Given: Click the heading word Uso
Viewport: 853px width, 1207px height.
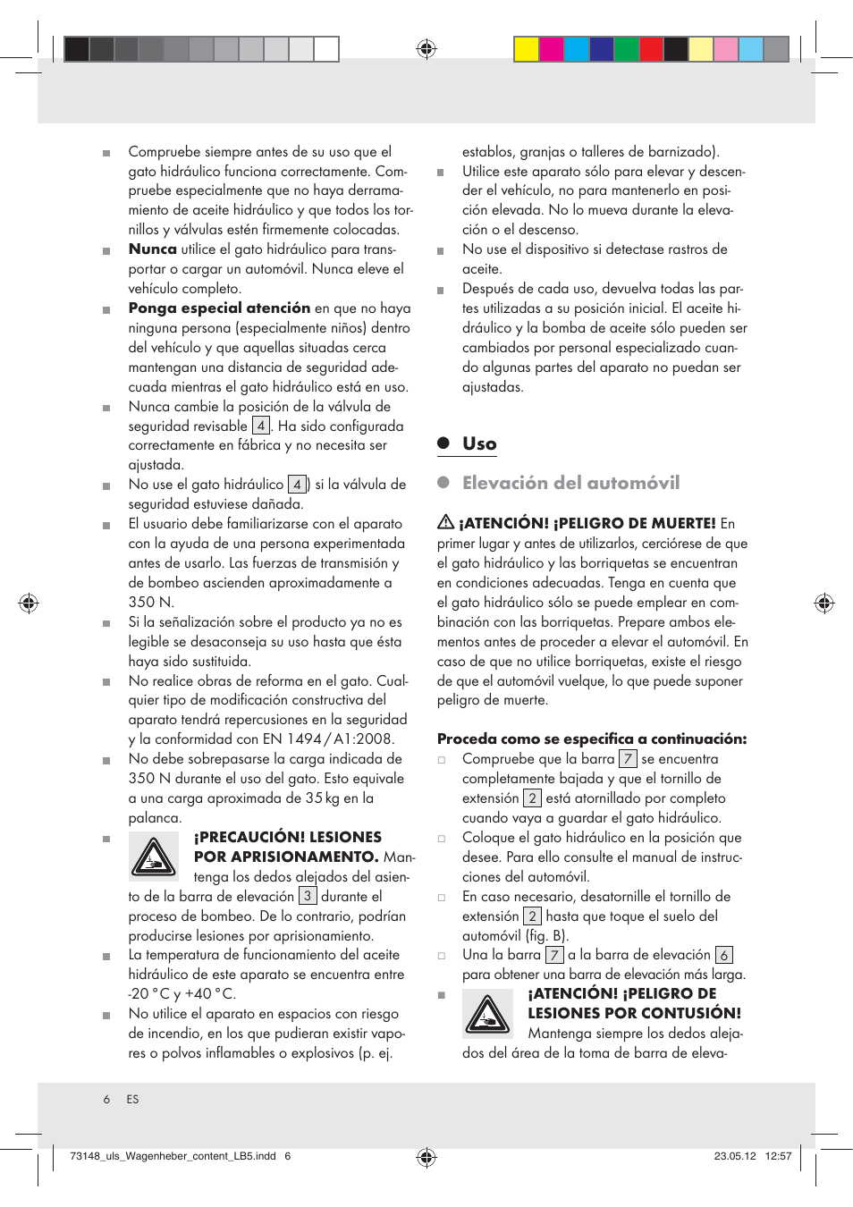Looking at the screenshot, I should [x=479, y=443].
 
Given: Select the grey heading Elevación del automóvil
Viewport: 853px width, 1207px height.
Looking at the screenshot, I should [x=570, y=483].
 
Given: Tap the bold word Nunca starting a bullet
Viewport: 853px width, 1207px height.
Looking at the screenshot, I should [x=152, y=249].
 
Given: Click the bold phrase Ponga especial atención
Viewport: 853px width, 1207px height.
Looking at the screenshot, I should [x=219, y=308].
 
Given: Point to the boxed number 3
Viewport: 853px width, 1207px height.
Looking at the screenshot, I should [x=307, y=896].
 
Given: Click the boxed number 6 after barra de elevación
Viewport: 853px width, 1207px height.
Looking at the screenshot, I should [x=723, y=955].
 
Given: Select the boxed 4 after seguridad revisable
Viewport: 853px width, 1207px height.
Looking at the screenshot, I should [x=260, y=426].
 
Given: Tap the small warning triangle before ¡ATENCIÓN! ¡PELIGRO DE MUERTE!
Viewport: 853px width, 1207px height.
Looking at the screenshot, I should [x=445, y=522].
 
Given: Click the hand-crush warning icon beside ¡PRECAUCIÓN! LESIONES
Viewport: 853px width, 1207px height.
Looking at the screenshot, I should [x=154, y=856].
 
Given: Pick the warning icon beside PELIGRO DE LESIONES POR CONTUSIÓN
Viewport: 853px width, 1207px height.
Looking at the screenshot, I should [x=487, y=1014].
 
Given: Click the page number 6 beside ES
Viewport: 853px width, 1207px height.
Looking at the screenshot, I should [x=106, y=1100].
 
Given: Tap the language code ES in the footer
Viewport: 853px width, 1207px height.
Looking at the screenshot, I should [x=132, y=1100].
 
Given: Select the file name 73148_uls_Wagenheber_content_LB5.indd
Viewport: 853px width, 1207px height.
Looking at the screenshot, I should [x=173, y=1156].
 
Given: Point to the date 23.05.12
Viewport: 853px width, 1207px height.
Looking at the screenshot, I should [x=734, y=1156].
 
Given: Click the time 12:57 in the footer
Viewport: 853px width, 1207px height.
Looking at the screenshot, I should [x=778, y=1156].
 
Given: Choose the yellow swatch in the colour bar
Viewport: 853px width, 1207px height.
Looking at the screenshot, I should [x=527, y=49].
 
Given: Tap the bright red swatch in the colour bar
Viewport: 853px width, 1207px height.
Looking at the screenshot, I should [x=652, y=49].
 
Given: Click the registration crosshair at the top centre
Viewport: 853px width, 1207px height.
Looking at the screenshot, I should [x=426, y=49].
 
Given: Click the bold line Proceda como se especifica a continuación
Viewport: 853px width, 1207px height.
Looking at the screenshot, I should [x=591, y=739].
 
